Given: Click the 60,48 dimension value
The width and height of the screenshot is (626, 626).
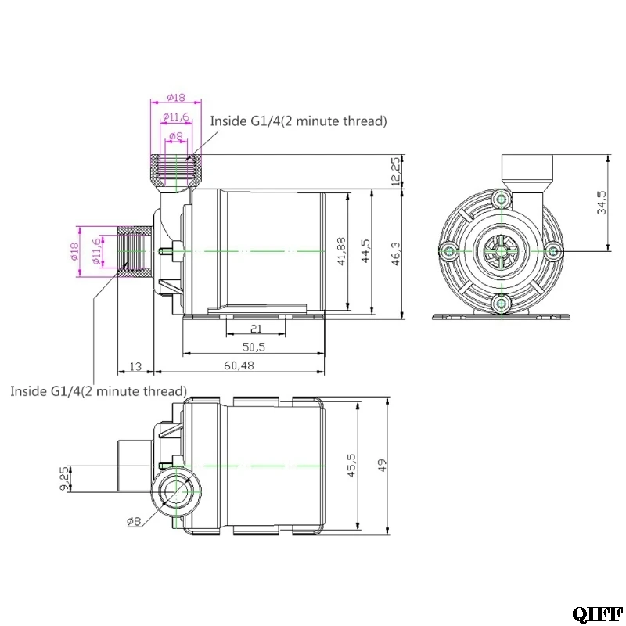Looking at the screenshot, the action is click(239, 365).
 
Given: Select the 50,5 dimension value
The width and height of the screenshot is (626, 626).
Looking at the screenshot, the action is click(254, 347).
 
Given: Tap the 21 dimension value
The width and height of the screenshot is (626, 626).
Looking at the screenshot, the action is click(256, 329).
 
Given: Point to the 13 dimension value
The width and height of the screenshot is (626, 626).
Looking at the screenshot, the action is click(135, 366).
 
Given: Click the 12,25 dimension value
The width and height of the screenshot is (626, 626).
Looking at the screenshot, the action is click(395, 171).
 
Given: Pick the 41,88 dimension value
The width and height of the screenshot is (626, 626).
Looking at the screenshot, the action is click(342, 251).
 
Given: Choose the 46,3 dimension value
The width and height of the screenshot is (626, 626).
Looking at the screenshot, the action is click(395, 253).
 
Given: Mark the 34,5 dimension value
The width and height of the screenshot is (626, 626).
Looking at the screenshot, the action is click(602, 203).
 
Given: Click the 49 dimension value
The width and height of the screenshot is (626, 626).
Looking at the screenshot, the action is click(382, 466).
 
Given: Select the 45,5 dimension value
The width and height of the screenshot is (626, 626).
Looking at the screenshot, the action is click(351, 465).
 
